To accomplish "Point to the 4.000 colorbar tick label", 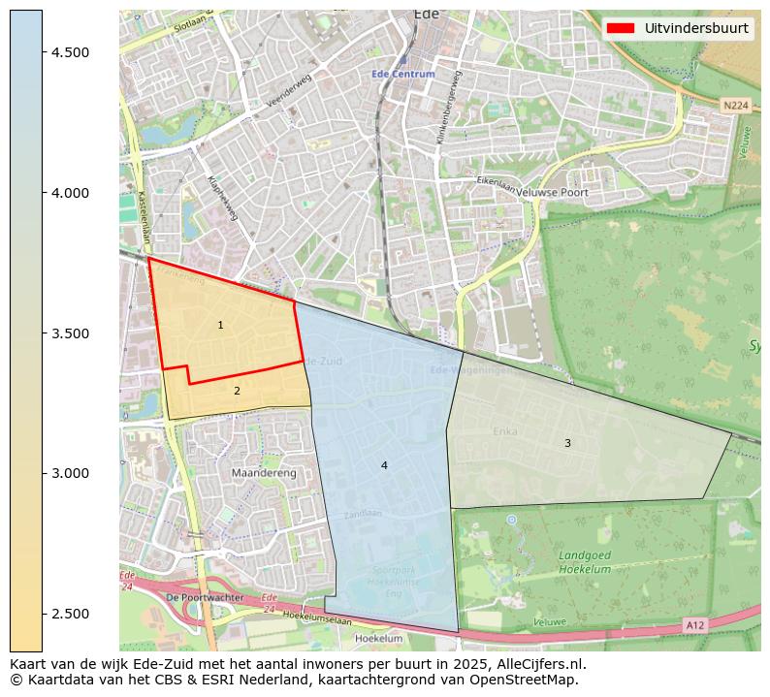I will (71, 193).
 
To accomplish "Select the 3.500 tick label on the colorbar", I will (71, 333).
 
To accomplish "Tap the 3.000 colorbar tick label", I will (71, 473).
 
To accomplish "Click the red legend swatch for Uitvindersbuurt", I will (620, 28).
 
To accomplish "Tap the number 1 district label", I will (221, 325).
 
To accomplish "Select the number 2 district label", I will (237, 391).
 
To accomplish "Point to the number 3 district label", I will (567, 443).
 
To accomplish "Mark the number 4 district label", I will (384, 465).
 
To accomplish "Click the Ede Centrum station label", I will (402, 75).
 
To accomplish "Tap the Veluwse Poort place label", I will (553, 193).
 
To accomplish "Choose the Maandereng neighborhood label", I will (264, 473).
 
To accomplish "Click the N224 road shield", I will (736, 105).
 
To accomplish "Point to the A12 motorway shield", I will (694, 625).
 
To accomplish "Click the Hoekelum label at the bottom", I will (378, 639).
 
